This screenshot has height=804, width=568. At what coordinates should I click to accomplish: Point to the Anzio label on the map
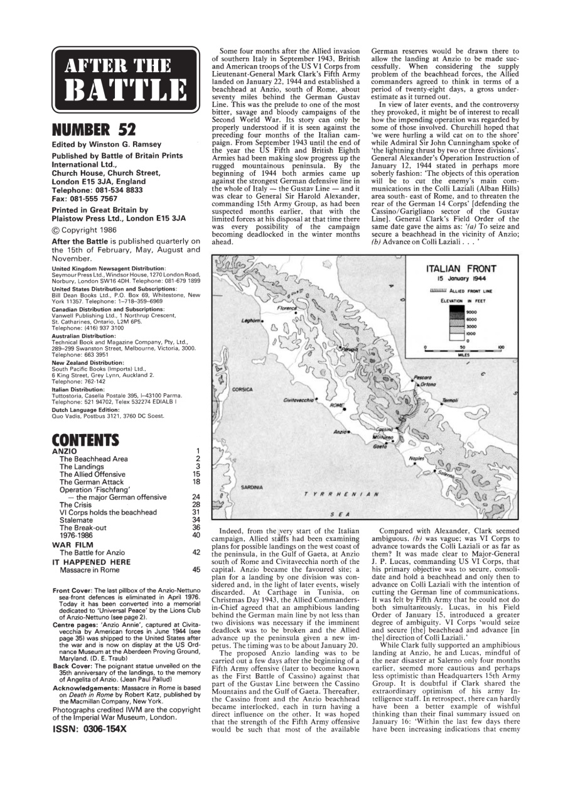pyautogui.click(x=341, y=432)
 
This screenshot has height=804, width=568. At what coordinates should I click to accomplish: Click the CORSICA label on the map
pyautogui.click(x=242, y=389)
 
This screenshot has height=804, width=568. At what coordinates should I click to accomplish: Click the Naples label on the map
pyautogui.click(x=417, y=459)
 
